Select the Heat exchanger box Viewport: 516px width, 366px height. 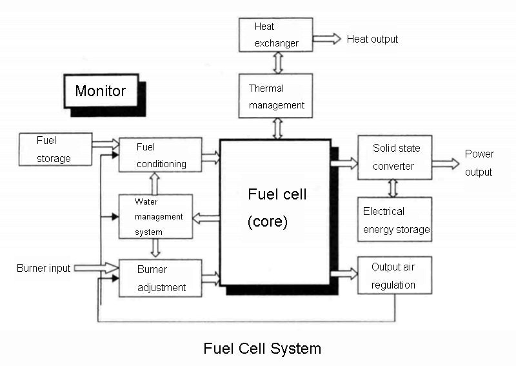click(x=275, y=34)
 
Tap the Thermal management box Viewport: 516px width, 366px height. click(x=275, y=96)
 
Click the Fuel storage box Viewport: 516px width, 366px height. click(x=55, y=149)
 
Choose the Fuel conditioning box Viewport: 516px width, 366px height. click(x=160, y=155)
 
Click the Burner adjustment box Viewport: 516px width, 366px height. click(x=160, y=278)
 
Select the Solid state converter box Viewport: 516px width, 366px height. click(x=394, y=157)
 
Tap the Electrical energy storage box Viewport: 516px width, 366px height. click(x=394, y=219)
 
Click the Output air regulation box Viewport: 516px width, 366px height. click(x=394, y=276)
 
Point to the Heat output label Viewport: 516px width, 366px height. click(x=372, y=39)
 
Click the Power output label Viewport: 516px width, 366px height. click(x=479, y=163)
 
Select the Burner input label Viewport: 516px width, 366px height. click(x=44, y=268)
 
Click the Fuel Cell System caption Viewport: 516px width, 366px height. click(x=262, y=349)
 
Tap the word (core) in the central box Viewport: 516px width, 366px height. click(x=267, y=222)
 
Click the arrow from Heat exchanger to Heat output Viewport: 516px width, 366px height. click(x=327, y=38)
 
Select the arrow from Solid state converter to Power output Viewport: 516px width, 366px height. click(x=446, y=163)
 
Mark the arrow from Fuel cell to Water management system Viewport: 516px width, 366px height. click(x=206, y=218)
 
